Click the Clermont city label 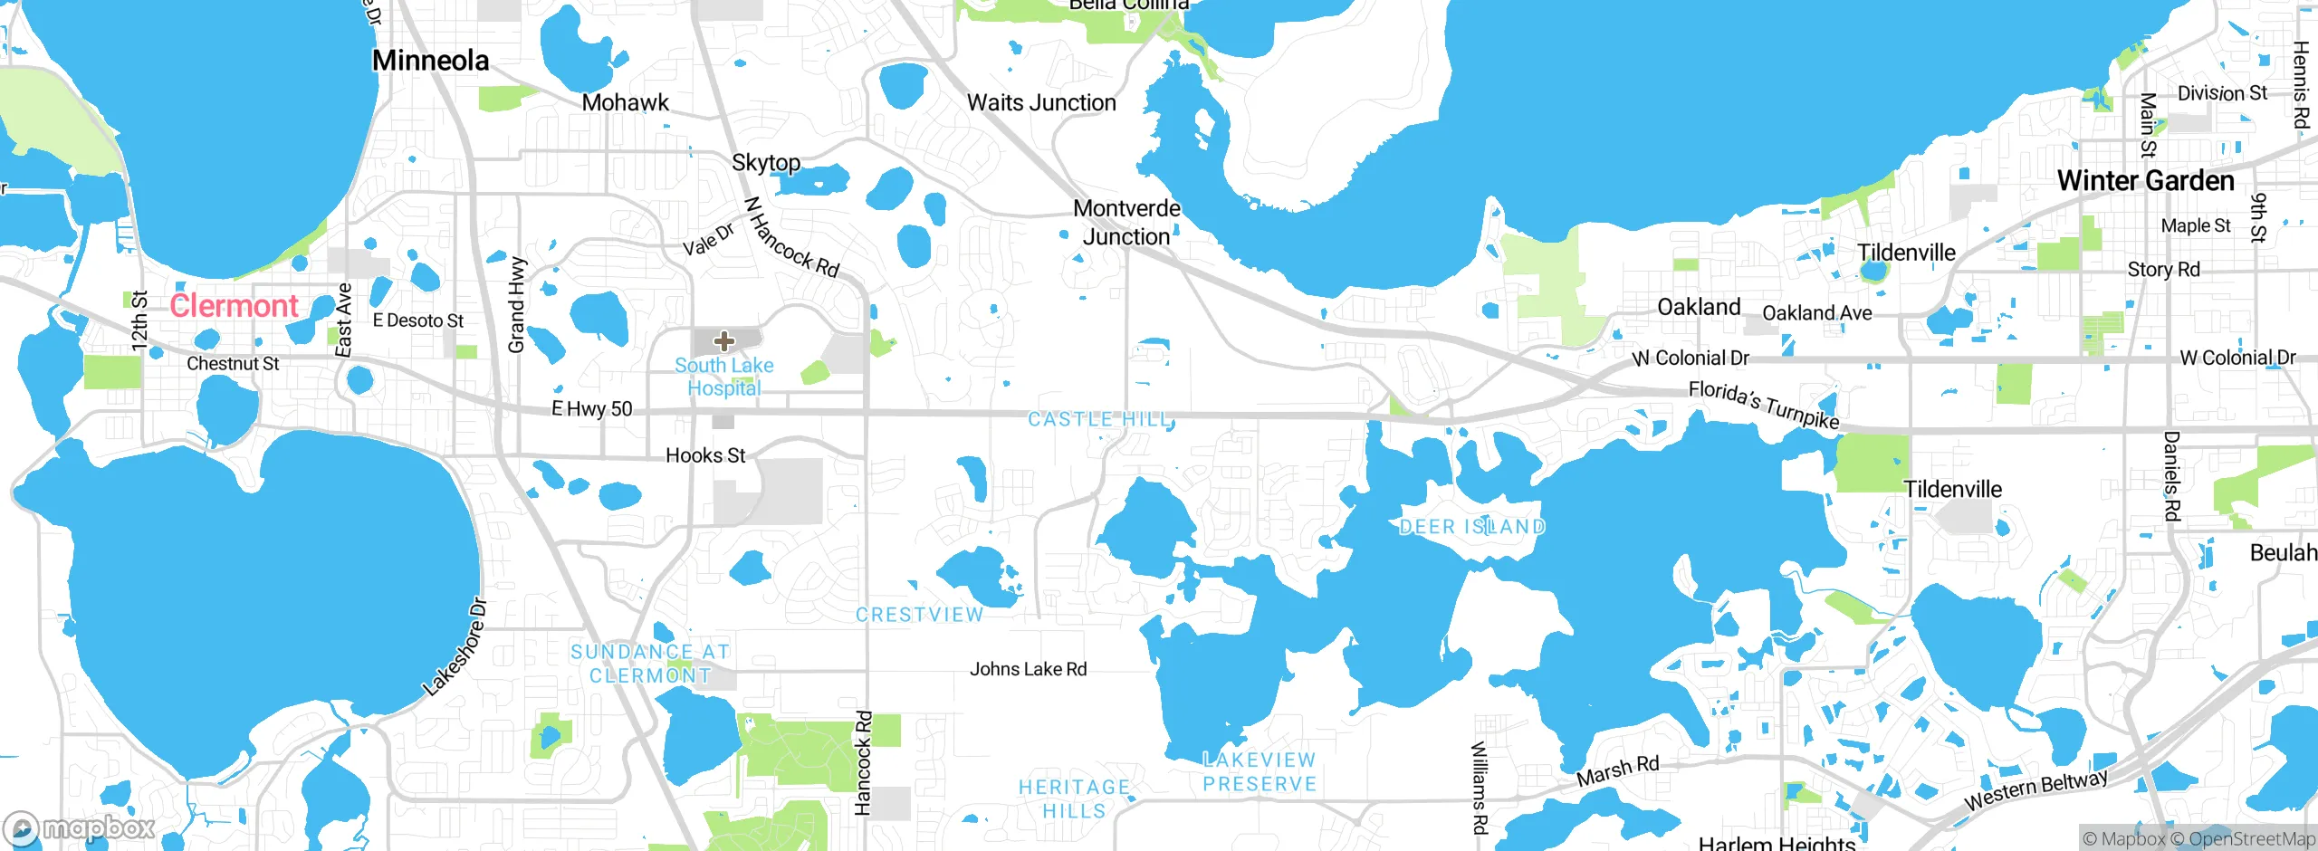pyautogui.click(x=234, y=306)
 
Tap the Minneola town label pyautogui.click(x=430, y=61)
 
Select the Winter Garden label pyautogui.click(x=2145, y=181)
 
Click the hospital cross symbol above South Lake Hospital pyautogui.click(x=723, y=341)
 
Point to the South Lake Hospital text pyautogui.click(x=723, y=377)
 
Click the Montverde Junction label pyautogui.click(x=1126, y=223)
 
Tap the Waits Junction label pyautogui.click(x=1041, y=103)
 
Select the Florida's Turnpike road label pyautogui.click(x=1763, y=405)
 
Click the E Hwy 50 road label pyautogui.click(x=592, y=409)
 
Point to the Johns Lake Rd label pyautogui.click(x=1028, y=669)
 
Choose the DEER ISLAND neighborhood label pyautogui.click(x=1471, y=527)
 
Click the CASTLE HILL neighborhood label pyautogui.click(x=1100, y=419)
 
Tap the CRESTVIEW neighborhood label pyautogui.click(x=919, y=615)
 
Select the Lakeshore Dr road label pyautogui.click(x=455, y=648)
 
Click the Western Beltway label pyautogui.click(x=2035, y=789)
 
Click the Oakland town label pyautogui.click(x=1699, y=308)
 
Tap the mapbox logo pyautogui.click(x=80, y=828)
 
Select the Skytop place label pyautogui.click(x=766, y=163)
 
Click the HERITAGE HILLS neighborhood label pyautogui.click(x=1074, y=799)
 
